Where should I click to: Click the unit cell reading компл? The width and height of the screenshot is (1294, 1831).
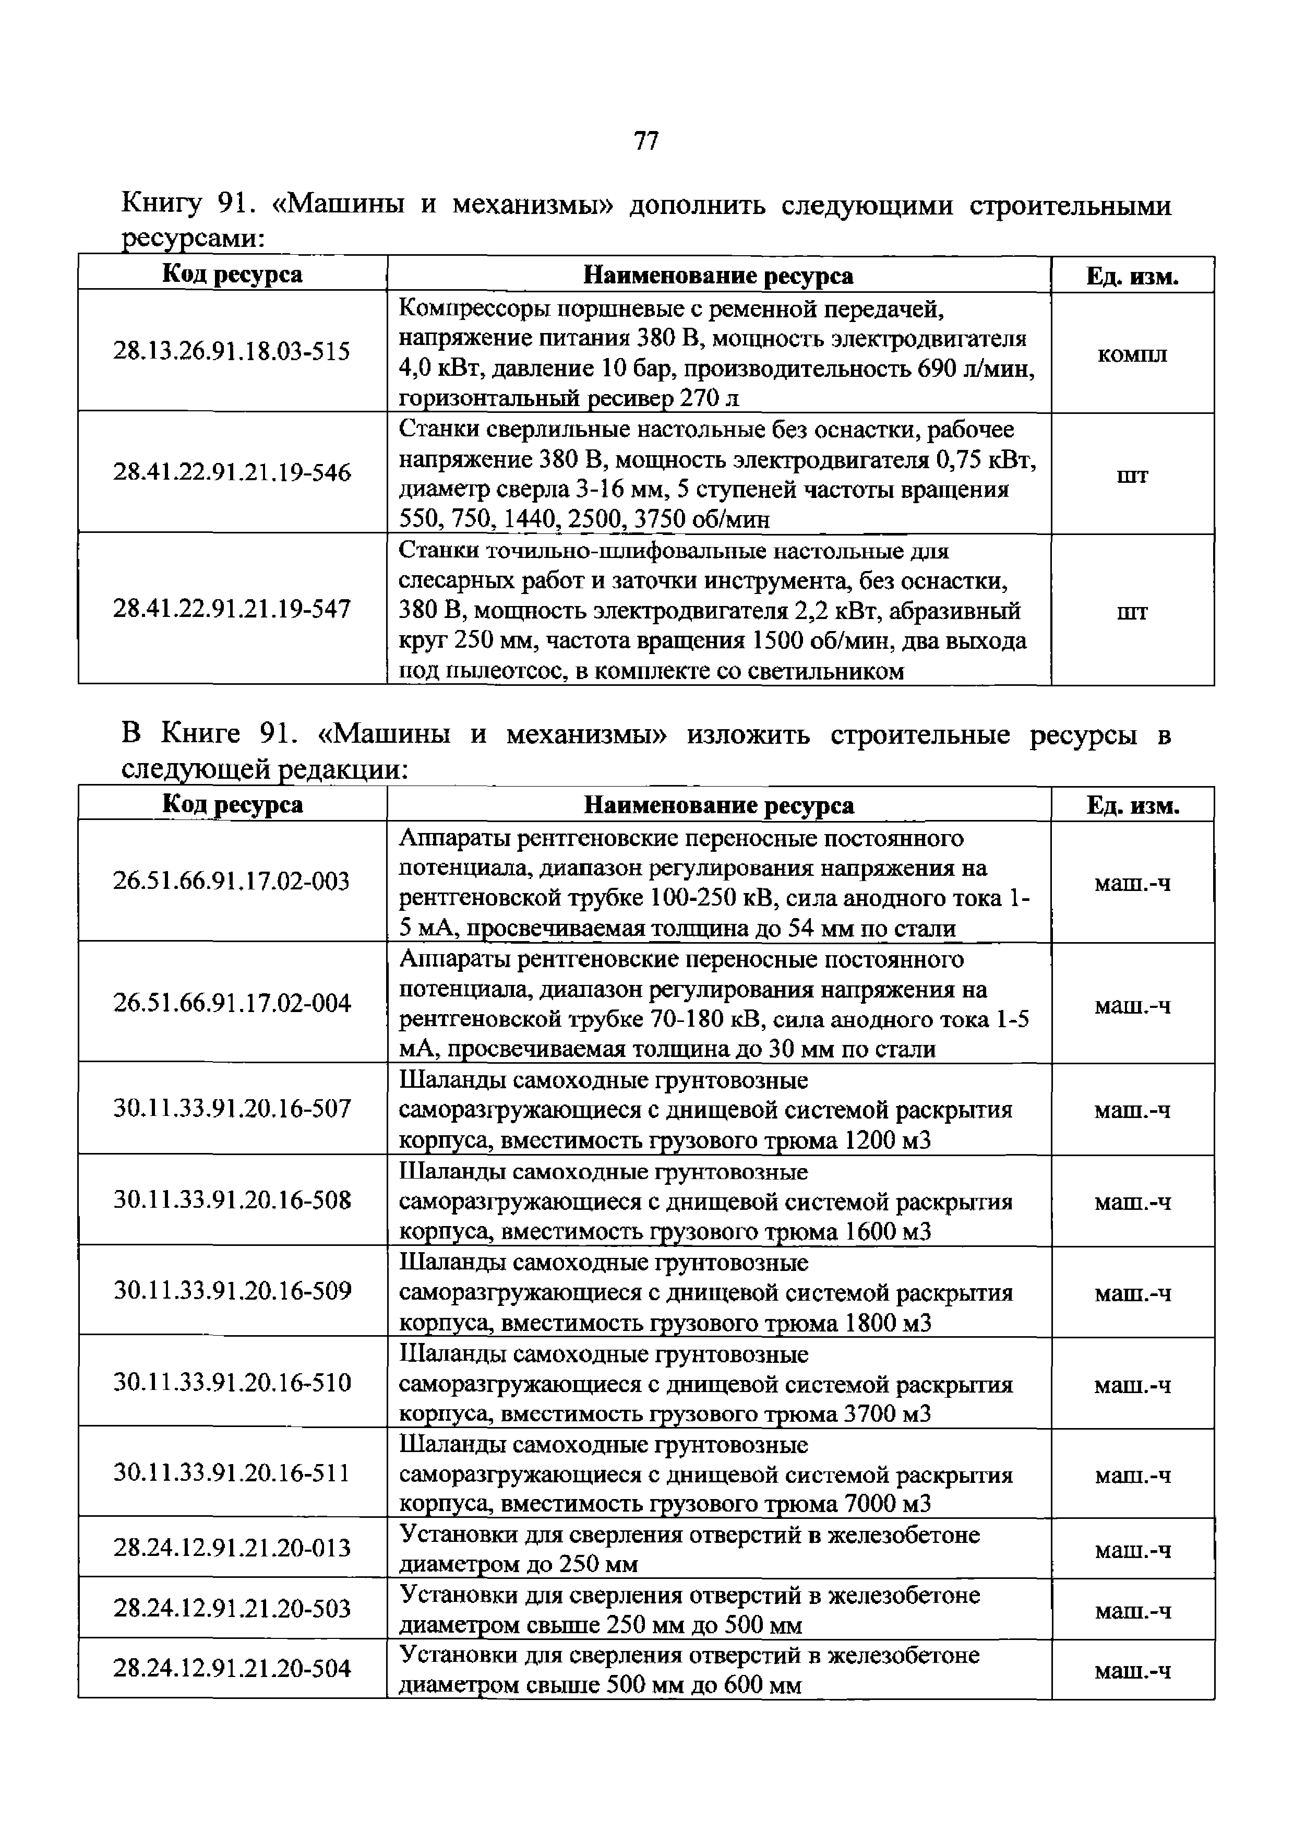click(1132, 354)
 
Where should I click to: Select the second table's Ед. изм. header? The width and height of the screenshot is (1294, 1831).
click(1132, 805)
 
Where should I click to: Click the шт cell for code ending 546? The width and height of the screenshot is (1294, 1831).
click(1132, 476)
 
